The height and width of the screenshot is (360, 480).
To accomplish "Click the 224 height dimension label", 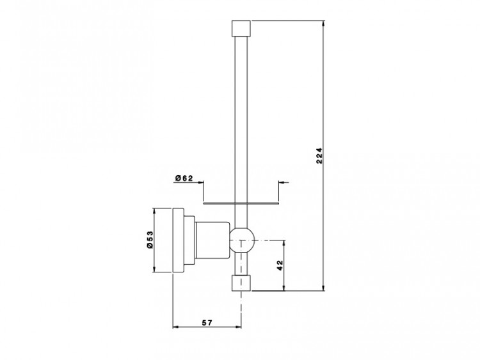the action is click(319, 156).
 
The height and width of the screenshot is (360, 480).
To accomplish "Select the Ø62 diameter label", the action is click(184, 178).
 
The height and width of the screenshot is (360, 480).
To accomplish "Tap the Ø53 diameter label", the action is click(150, 240).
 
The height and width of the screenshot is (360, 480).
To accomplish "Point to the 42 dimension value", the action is click(280, 265).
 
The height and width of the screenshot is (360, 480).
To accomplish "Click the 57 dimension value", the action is click(207, 322).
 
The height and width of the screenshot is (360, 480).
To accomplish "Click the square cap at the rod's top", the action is click(241, 28).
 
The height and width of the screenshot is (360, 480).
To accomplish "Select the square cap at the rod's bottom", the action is click(241, 283).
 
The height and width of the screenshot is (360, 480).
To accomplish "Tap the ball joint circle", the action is click(242, 240).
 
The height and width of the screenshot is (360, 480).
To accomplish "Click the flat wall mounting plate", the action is click(179, 240).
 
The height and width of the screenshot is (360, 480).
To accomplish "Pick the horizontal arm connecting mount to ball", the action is click(212, 240).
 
